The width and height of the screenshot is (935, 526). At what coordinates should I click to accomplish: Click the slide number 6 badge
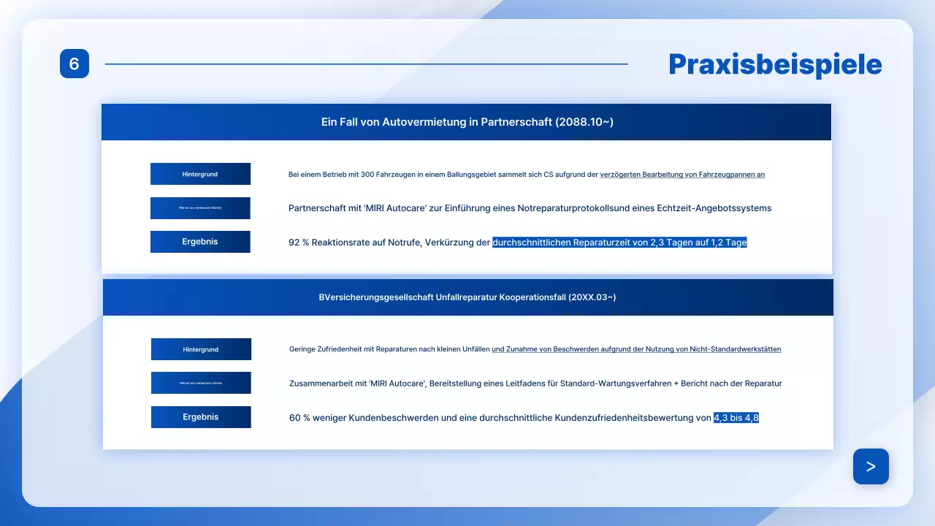[x=74, y=64]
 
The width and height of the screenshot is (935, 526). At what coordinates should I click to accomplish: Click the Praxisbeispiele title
[x=775, y=65]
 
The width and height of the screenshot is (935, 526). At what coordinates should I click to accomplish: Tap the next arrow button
[x=871, y=466]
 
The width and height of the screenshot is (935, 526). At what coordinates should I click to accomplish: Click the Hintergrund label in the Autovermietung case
[x=200, y=174]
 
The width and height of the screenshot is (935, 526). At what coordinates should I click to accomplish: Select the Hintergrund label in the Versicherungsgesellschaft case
[x=201, y=349]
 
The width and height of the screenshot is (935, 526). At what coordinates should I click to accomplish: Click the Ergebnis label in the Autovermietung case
[x=200, y=242]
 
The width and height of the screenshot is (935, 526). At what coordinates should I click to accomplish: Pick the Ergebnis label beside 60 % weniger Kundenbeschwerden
[x=201, y=417]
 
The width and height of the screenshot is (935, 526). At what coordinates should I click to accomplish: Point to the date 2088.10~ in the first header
[x=584, y=122]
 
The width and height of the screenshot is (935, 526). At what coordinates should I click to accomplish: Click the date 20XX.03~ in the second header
[x=594, y=297]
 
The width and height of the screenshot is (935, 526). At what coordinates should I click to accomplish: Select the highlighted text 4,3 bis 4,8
[x=736, y=418]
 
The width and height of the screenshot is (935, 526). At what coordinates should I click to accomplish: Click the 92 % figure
[x=299, y=243]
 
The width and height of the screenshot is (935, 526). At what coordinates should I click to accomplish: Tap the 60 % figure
[x=299, y=418]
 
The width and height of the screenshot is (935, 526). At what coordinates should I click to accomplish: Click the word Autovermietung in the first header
[x=424, y=122]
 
